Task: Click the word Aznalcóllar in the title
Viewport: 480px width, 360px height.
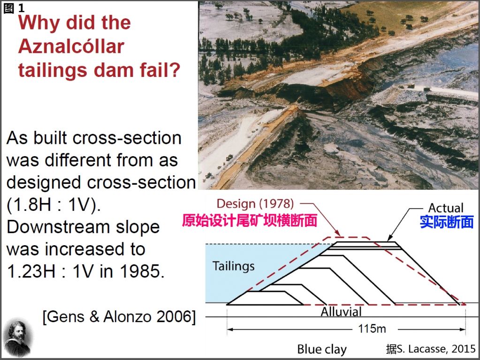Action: pyautogui.click(x=71, y=46)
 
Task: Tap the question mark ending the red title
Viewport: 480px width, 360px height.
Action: pyautogui.click(x=174, y=70)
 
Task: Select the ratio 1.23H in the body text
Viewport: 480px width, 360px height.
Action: pyautogui.click(x=31, y=271)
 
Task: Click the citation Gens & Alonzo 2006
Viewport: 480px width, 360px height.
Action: pyautogui.click(x=119, y=316)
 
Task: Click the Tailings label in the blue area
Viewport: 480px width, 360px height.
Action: pyautogui.click(x=233, y=266)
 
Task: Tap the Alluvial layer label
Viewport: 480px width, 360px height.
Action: pyautogui.click(x=341, y=312)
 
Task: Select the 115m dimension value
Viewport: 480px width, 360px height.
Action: pyautogui.click(x=372, y=329)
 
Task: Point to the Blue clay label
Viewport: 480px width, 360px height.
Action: pyautogui.click(x=322, y=349)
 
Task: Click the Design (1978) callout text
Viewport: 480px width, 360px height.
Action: pyautogui.click(x=255, y=204)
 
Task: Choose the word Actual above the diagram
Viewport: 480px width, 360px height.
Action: pyautogui.click(x=446, y=208)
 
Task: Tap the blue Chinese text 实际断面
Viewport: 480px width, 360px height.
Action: pyautogui.click(x=447, y=222)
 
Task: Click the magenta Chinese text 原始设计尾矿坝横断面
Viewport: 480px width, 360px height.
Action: pyautogui.click(x=250, y=220)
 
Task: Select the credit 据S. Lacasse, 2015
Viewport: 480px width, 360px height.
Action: pyautogui.click(x=431, y=349)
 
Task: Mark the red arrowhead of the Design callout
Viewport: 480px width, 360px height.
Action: pyautogui.click(x=338, y=233)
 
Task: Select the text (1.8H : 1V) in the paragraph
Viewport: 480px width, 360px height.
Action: pyautogui.click(x=53, y=205)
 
